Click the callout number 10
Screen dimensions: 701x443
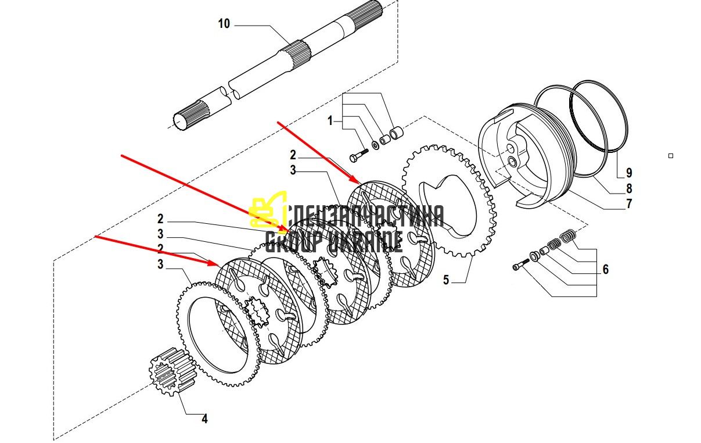pyautogui.click(x=224, y=24)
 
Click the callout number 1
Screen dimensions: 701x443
pyautogui.click(x=330, y=120)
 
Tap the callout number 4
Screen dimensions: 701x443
pyautogui.click(x=204, y=419)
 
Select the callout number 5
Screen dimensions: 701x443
pyautogui.click(x=446, y=280)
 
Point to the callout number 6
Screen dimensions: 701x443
pyautogui.click(x=606, y=269)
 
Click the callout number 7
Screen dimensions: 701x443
pyautogui.click(x=629, y=203)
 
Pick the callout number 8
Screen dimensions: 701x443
pyautogui.click(x=629, y=188)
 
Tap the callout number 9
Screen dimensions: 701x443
pyautogui.click(x=629, y=173)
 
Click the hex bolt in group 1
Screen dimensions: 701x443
pyautogui.click(x=359, y=155)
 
